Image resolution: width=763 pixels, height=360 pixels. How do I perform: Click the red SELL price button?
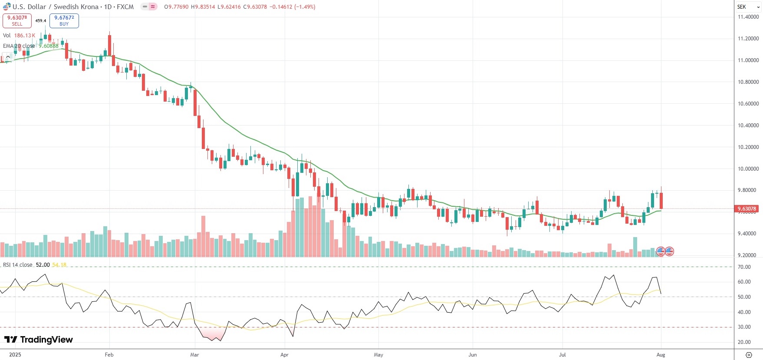pyautogui.click(x=17, y=20)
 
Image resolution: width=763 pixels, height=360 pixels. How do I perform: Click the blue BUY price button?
pyautogui.click(x=64, y=20)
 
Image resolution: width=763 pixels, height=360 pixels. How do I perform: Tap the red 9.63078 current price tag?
pyautogui.click(x=747, y=209)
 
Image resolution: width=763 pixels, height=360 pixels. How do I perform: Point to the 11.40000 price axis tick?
pyautogui.click(x=748, y=17)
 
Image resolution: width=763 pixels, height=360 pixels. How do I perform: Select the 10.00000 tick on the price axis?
pyautogui.click(x=748, y=168)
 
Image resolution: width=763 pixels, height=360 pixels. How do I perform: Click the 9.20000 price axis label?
pyautogui.click(x=748, y=255)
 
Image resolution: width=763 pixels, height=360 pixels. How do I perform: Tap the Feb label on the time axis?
pyautogui.click(x=109, y=355)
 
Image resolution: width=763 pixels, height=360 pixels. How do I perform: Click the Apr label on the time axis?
pyautogui.click(x=284, y=355)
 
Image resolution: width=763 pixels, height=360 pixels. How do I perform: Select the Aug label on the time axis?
pyautogui.click(x=661, y=355)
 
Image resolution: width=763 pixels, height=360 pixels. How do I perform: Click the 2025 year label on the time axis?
pyautogui.click(x=15, y=355)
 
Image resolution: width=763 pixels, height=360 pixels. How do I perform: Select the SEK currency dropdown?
pyautogui.click(x=748, y=7)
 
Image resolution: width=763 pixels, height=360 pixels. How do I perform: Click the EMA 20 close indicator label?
pyautogui.click(x=19, y=46)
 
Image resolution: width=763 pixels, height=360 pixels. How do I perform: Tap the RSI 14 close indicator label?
pyautogui.click(x=18, y=265)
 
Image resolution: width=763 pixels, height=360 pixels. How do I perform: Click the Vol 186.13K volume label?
pyautogui.click(x=19, y=36)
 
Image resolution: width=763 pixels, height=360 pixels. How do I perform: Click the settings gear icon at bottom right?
pyautogui.click(x=749, y=355)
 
